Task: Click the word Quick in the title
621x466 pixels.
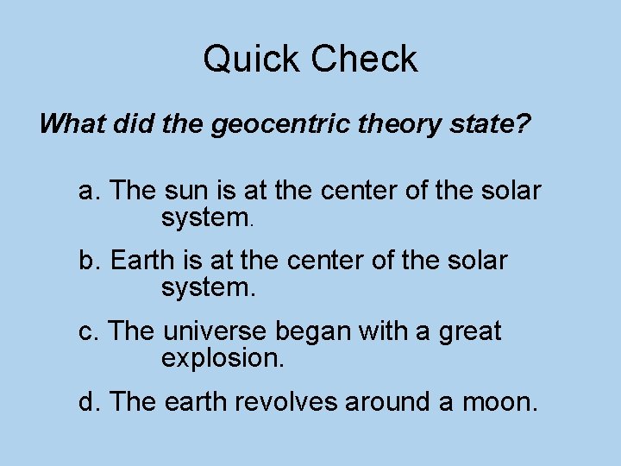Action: click(251, 60)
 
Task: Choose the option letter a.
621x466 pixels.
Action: click(87, 191)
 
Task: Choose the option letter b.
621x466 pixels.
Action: click(87, 260)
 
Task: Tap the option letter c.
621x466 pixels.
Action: click(86, 331)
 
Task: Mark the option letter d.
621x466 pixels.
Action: click(87, 401)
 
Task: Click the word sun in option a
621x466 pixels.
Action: click(182, 191)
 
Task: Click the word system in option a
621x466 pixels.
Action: click(205, 219)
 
